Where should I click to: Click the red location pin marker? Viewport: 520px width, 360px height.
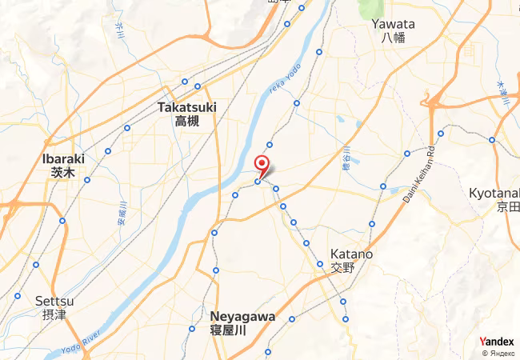[262, 165]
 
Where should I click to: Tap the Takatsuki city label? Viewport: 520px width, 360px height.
[187, 106]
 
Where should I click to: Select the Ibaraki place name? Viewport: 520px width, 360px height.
[63, 159]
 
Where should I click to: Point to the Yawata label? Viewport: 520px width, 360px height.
[393, 24]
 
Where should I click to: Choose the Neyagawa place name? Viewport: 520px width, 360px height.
[242, 316]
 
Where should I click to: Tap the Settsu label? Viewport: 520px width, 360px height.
[54, 301]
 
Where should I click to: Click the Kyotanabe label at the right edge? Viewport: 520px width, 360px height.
[494, 194]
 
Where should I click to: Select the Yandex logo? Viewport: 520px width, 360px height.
[496, 342]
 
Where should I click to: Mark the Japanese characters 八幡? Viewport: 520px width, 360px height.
[393, 37]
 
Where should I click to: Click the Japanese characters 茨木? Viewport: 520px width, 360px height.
[63, 172]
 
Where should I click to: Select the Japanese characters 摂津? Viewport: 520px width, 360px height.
[54, 314]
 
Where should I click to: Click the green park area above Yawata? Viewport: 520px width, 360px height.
[370, 8]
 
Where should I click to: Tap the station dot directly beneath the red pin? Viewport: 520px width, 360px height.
[258, 182]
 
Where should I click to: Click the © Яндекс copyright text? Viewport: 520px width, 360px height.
[498, 353]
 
